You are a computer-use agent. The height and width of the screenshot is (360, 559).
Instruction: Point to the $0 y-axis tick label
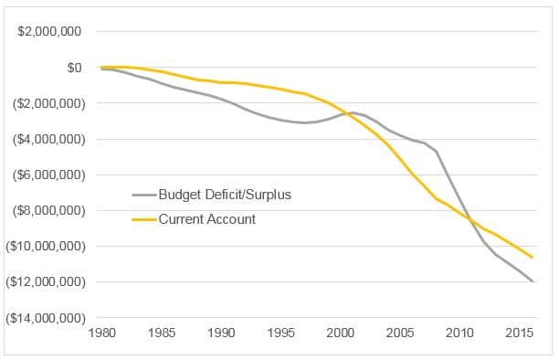pos(74,68)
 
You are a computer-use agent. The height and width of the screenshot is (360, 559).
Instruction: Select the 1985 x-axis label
pos(161,334)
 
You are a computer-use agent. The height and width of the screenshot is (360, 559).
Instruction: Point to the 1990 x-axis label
pos(220,334)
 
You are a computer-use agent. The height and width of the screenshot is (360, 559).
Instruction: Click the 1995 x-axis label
pos(280,334)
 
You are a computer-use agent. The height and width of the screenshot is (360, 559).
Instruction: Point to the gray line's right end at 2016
pos(533,281)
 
